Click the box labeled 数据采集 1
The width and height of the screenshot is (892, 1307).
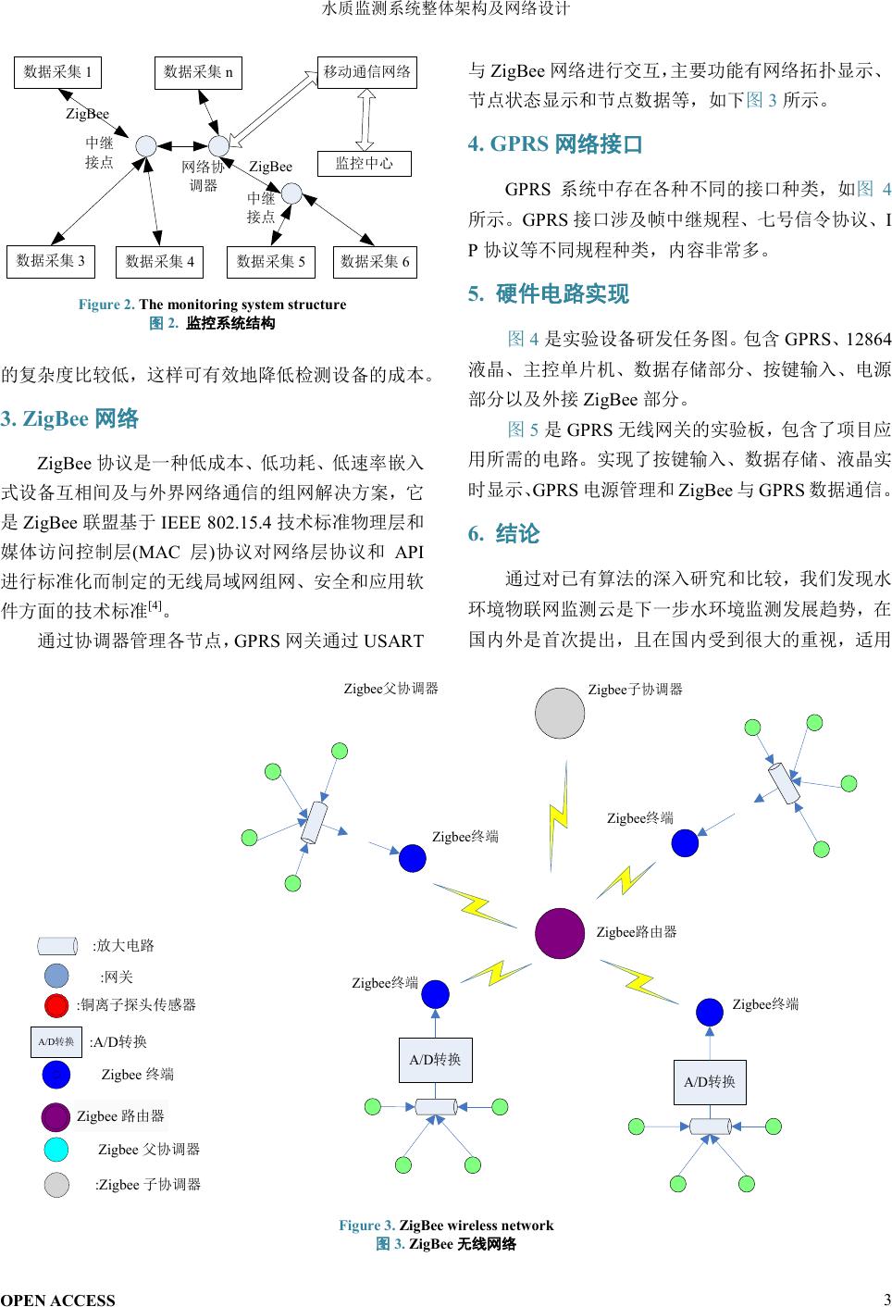pos(57,72)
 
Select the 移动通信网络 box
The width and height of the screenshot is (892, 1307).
pos(367,71)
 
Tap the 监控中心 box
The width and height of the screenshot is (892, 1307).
pos(364,164)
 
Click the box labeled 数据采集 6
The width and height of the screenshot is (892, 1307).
pos(375,262)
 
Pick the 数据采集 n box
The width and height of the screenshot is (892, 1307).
pos(198,72)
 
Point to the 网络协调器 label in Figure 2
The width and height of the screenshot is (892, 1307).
pos(203,176)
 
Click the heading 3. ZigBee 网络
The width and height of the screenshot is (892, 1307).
pos(70,419)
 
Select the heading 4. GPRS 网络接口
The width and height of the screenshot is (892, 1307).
pos(555,144)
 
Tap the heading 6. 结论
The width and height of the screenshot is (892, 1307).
pos(504,534)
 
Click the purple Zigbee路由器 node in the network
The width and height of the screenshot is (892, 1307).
pos(560,933)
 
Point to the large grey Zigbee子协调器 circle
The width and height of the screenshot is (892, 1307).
pos(560,713)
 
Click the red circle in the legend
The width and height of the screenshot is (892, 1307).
pos(56,1005)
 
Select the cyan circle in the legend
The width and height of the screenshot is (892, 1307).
pos(56,1150)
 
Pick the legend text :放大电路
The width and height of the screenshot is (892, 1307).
pos(123,946)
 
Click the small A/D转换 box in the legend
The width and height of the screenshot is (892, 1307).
pos(56,1041)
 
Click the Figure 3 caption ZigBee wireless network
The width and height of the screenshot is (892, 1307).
pos(446,1226)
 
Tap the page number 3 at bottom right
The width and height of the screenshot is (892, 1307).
pos(886,1298)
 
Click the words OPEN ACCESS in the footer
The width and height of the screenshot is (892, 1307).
pos(58,1300)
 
